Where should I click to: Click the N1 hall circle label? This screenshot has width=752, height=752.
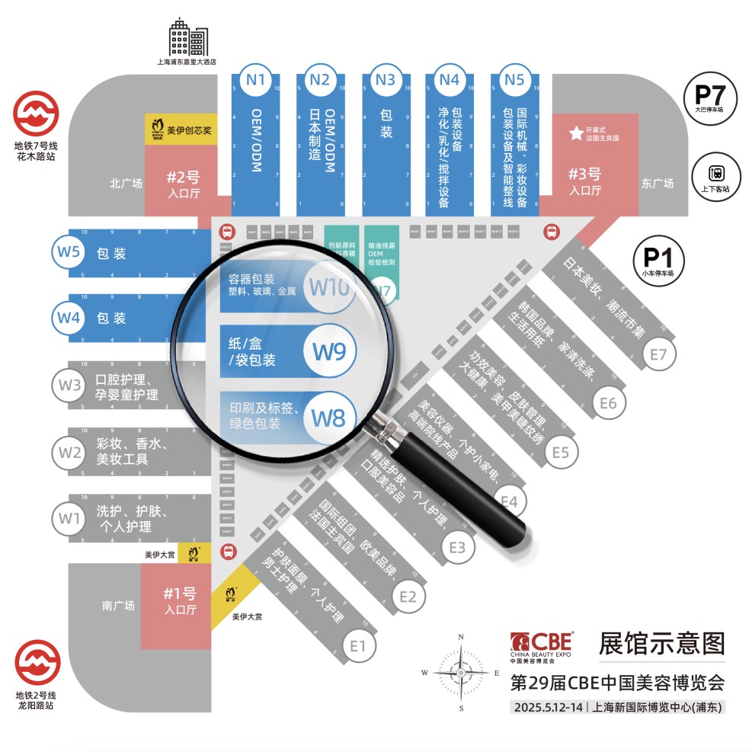point(256,79)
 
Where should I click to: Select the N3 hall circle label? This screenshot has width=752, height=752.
point(386,79)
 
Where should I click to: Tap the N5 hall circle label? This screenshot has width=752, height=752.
point(514,79)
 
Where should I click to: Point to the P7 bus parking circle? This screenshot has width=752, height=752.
point(712,98)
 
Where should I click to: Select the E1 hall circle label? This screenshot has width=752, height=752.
point(359,647)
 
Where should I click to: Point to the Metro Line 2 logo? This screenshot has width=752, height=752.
point(37,662)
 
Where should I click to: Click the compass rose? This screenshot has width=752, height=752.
point(460,673)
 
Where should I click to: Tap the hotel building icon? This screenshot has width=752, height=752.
point(187,38)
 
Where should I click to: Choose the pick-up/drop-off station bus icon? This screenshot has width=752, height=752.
point(716,175)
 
